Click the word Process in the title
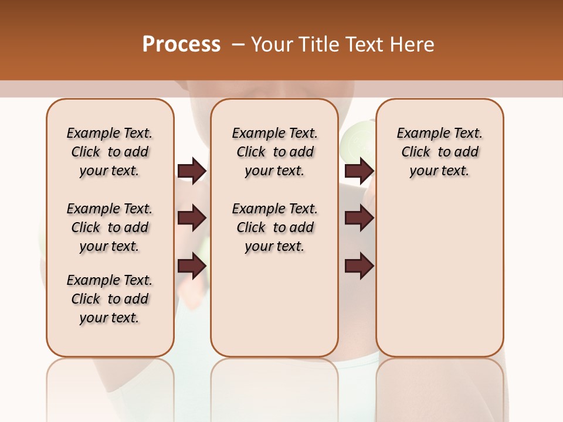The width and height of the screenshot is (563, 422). coord(181,44)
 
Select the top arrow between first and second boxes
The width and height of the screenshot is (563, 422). coord(192,171)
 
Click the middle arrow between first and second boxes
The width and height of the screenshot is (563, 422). coord(192,218)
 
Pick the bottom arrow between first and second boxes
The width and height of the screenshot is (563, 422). coord(192,266)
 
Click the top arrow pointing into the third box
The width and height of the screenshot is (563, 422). coord(359,171)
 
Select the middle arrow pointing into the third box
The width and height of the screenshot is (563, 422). coord(359,218)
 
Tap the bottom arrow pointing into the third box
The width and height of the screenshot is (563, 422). coord(359,266)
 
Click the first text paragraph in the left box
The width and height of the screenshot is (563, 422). coord(110,152)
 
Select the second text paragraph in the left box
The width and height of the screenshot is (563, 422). coord(110,227)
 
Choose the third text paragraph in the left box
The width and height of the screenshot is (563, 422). coord(110,299)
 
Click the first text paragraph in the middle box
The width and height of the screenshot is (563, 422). coord(274,152)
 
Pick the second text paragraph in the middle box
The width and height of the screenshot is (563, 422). coord(274,227)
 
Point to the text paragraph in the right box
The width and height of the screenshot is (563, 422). coord(439,152)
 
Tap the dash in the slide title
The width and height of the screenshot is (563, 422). coord(238,45)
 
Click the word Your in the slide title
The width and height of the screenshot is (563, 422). coord(271,45)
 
